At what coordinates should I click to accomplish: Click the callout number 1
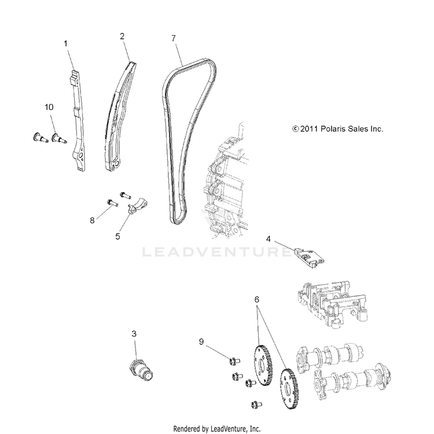pos(65,44)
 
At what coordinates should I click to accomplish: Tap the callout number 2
pos(122,36)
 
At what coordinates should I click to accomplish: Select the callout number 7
pos(174,38)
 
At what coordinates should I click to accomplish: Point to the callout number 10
pos(49,107)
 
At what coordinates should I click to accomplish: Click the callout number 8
pos(92,220)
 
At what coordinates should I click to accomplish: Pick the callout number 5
pos(117,236)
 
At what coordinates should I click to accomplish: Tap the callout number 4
pos(268,238)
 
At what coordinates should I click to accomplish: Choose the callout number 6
pos(256,300)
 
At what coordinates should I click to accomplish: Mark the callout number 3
pos(134,334)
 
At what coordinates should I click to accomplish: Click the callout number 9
pos(201,341)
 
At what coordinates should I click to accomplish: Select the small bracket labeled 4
pos(308,257)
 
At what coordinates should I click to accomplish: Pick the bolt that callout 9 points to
pos(234,361)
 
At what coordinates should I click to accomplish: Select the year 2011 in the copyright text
pos(309,128)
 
